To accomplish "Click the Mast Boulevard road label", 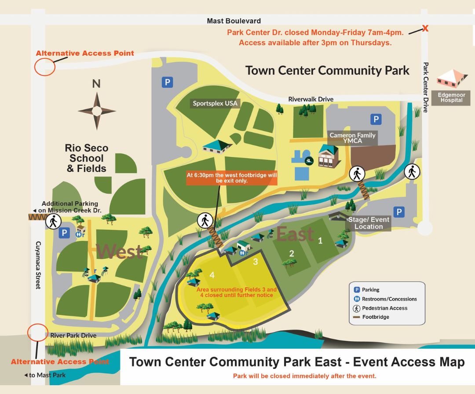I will tap(234, 21).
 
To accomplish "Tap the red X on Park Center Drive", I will tap(425, 29).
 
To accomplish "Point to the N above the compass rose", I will tap(96, 83).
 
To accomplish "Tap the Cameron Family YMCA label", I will tap(352, 138).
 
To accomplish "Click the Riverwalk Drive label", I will tap(311, 99).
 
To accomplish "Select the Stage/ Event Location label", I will tap(369, 223).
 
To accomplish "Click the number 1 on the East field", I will tap(320, 240).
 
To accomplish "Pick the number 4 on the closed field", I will tap(212, 275).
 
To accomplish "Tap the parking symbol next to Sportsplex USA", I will tap(167, 82).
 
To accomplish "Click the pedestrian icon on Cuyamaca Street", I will tap(53, 221).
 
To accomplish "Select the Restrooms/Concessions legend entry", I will tap(389, 299).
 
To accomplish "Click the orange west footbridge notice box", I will tap(232, 177).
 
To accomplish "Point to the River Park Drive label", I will tap(73, 336).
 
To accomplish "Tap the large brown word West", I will tap(119, 251).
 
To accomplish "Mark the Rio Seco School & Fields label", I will tap(87, 158).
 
